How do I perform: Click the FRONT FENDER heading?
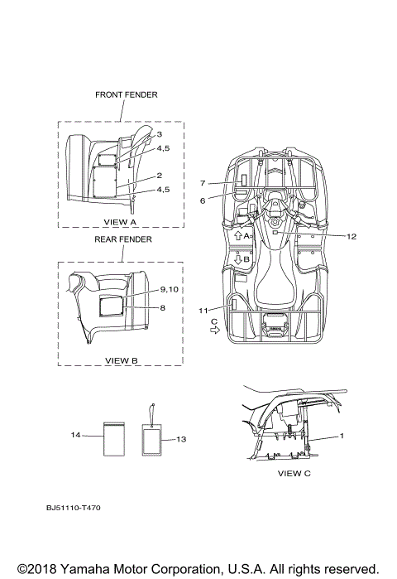[x=126, y=95]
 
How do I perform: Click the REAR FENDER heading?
[x=123, y=239]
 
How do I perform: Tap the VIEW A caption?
[x=120, y=222]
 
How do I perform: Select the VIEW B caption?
[x=122, y=361]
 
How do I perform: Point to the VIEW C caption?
[x=294, y=474]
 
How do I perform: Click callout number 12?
[x=352, y=237]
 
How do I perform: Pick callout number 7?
[x=203, y=183]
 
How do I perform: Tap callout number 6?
[x=203, y=201]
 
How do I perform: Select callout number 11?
[x=203, y=311]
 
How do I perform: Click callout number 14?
[x=75, y=436]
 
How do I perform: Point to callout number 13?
[x=181, y=439]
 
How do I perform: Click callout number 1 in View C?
[x=342, y=436]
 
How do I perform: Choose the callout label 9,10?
[x=170, y=290]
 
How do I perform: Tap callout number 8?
[x=163, y=308]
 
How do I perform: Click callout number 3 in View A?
[x=160, y=134]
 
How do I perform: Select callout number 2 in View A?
[x=160, y=176]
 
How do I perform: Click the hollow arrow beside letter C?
[x=214, y=331]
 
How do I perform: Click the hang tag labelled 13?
[x=152, y=439]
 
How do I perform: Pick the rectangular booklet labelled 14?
[x=114, y=439]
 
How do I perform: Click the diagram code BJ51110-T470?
[x=74, y=508]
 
